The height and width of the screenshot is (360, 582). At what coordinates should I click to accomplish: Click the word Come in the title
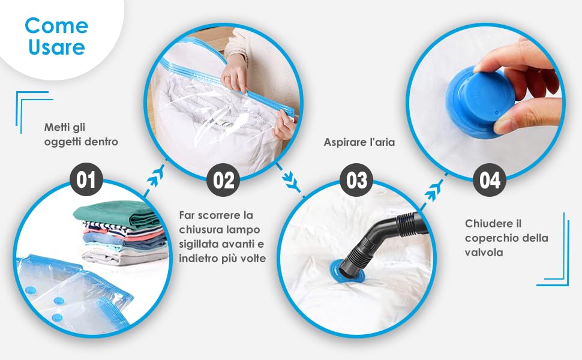pos(56,25)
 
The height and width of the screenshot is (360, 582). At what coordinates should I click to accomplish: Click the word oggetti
pos(64,142)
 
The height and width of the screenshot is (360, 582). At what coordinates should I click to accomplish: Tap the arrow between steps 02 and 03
pos(289,178)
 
